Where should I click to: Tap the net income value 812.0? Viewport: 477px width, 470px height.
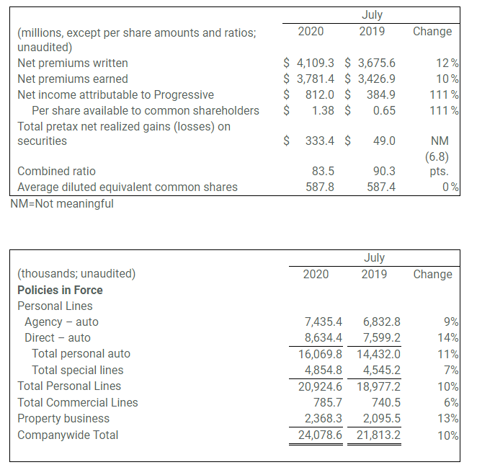[x=320, y=95]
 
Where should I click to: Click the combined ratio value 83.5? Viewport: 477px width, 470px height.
[x=321, y=172]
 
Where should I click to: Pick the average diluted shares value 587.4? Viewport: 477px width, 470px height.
[x=380, y=187]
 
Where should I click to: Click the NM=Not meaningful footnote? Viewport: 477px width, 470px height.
[x=61, y=203]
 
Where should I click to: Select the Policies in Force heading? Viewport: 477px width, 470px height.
[x=60, y=290]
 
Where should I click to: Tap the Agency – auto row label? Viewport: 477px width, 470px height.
[x=61, y=322]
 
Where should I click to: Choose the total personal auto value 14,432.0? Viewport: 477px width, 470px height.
[x=378, y=354]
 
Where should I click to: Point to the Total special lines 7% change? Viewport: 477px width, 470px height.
[x=452, y=371]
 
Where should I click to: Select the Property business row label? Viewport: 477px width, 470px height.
[x=63, y=418]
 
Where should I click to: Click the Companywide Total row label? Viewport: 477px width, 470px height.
[x=68, y=435]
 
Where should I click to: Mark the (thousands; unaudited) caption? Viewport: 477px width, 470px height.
[x=76, y=274]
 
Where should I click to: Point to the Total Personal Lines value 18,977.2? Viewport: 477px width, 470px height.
[x=378, y=386]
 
